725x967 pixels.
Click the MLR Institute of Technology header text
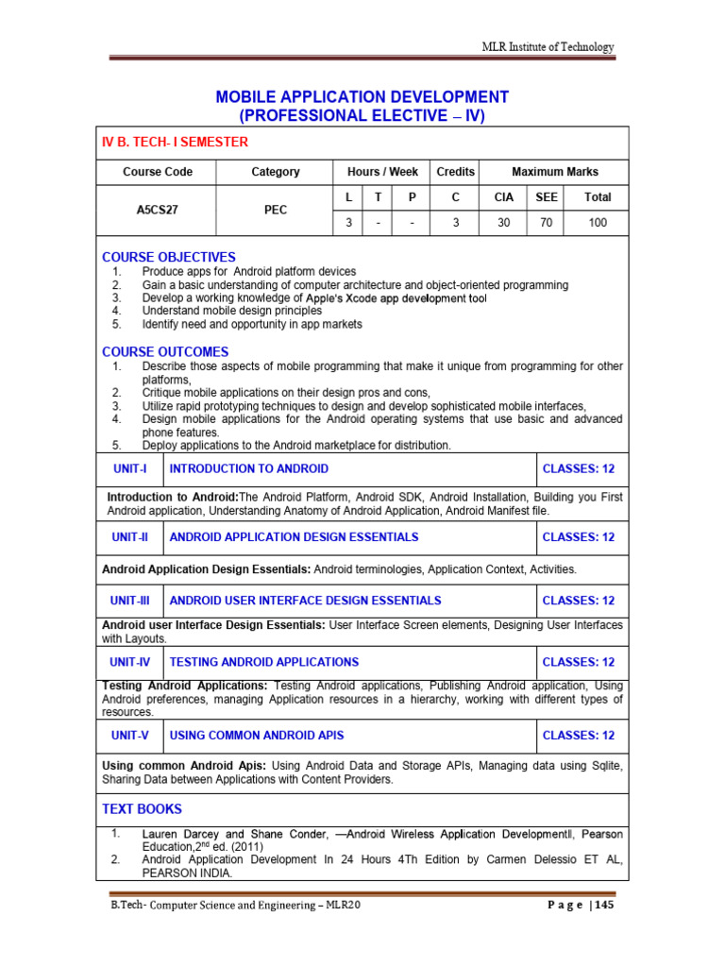pyautogui.click(x=548, y=47)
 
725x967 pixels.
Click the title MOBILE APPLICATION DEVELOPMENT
pyautogui.click(x=362, y=97)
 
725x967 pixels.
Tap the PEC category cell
pyautogui.click(x=275, y=211)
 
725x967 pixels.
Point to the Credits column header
pyautogui.click(x=455, y=172)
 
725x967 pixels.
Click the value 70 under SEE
pyautogui.click(x=547, y=224)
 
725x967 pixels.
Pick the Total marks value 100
pyautogui.click(x=598, y=224)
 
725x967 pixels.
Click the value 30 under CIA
pyautogui.click(x=504, y=224)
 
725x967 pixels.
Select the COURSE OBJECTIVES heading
pyautogui.click(x=169, y=257)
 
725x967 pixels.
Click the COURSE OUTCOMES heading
pyautogui.click(x=165, y=352)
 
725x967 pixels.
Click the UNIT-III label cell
pyautogui.click(x=130, y=601)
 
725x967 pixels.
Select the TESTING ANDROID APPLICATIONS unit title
pyautogui.click(x=263, y=662)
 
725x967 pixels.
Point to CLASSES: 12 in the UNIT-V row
pyautogui.click(x=579, y=735)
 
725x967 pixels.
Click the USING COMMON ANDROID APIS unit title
pyautogui.click(x=256, y=735)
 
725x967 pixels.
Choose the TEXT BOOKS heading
pyautogui.click(x=142, y=809)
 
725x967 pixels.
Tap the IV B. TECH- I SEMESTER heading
pyautogui.click(x=175, y=143)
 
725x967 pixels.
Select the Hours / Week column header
pyautogui.click(x=382, y=172)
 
